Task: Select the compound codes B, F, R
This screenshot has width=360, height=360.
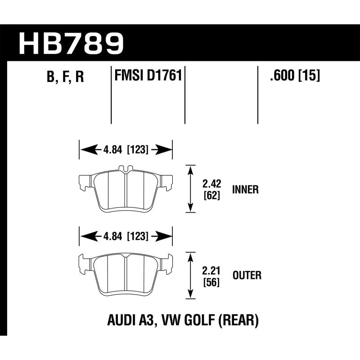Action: [65, 77]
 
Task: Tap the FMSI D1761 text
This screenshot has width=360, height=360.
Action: [148, 75]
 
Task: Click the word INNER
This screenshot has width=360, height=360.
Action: [246, 189]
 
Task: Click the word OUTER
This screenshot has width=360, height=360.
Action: [246, 275]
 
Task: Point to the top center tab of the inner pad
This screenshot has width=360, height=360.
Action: [126, 169]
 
